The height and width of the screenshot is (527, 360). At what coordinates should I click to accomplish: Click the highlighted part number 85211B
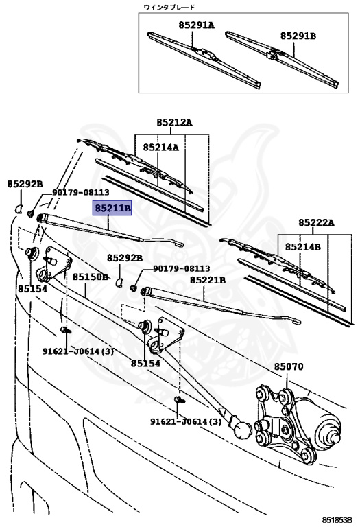(x=112, y=208)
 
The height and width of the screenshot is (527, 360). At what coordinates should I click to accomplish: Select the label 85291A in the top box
(x=197, y=25)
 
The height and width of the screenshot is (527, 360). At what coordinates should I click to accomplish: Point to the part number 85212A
(x=173, y=124)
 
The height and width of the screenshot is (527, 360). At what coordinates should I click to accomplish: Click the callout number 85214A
(x=160, y=148)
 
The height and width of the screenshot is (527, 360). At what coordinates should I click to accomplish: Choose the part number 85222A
(x=315, y=223)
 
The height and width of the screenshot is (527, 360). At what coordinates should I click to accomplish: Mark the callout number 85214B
(x=303, y=246)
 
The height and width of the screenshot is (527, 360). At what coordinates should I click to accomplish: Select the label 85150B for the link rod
(x=91, y=277)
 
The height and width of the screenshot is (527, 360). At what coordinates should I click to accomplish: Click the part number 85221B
(x=208, y=280)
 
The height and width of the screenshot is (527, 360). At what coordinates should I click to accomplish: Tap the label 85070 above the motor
(x=289, y=368)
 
